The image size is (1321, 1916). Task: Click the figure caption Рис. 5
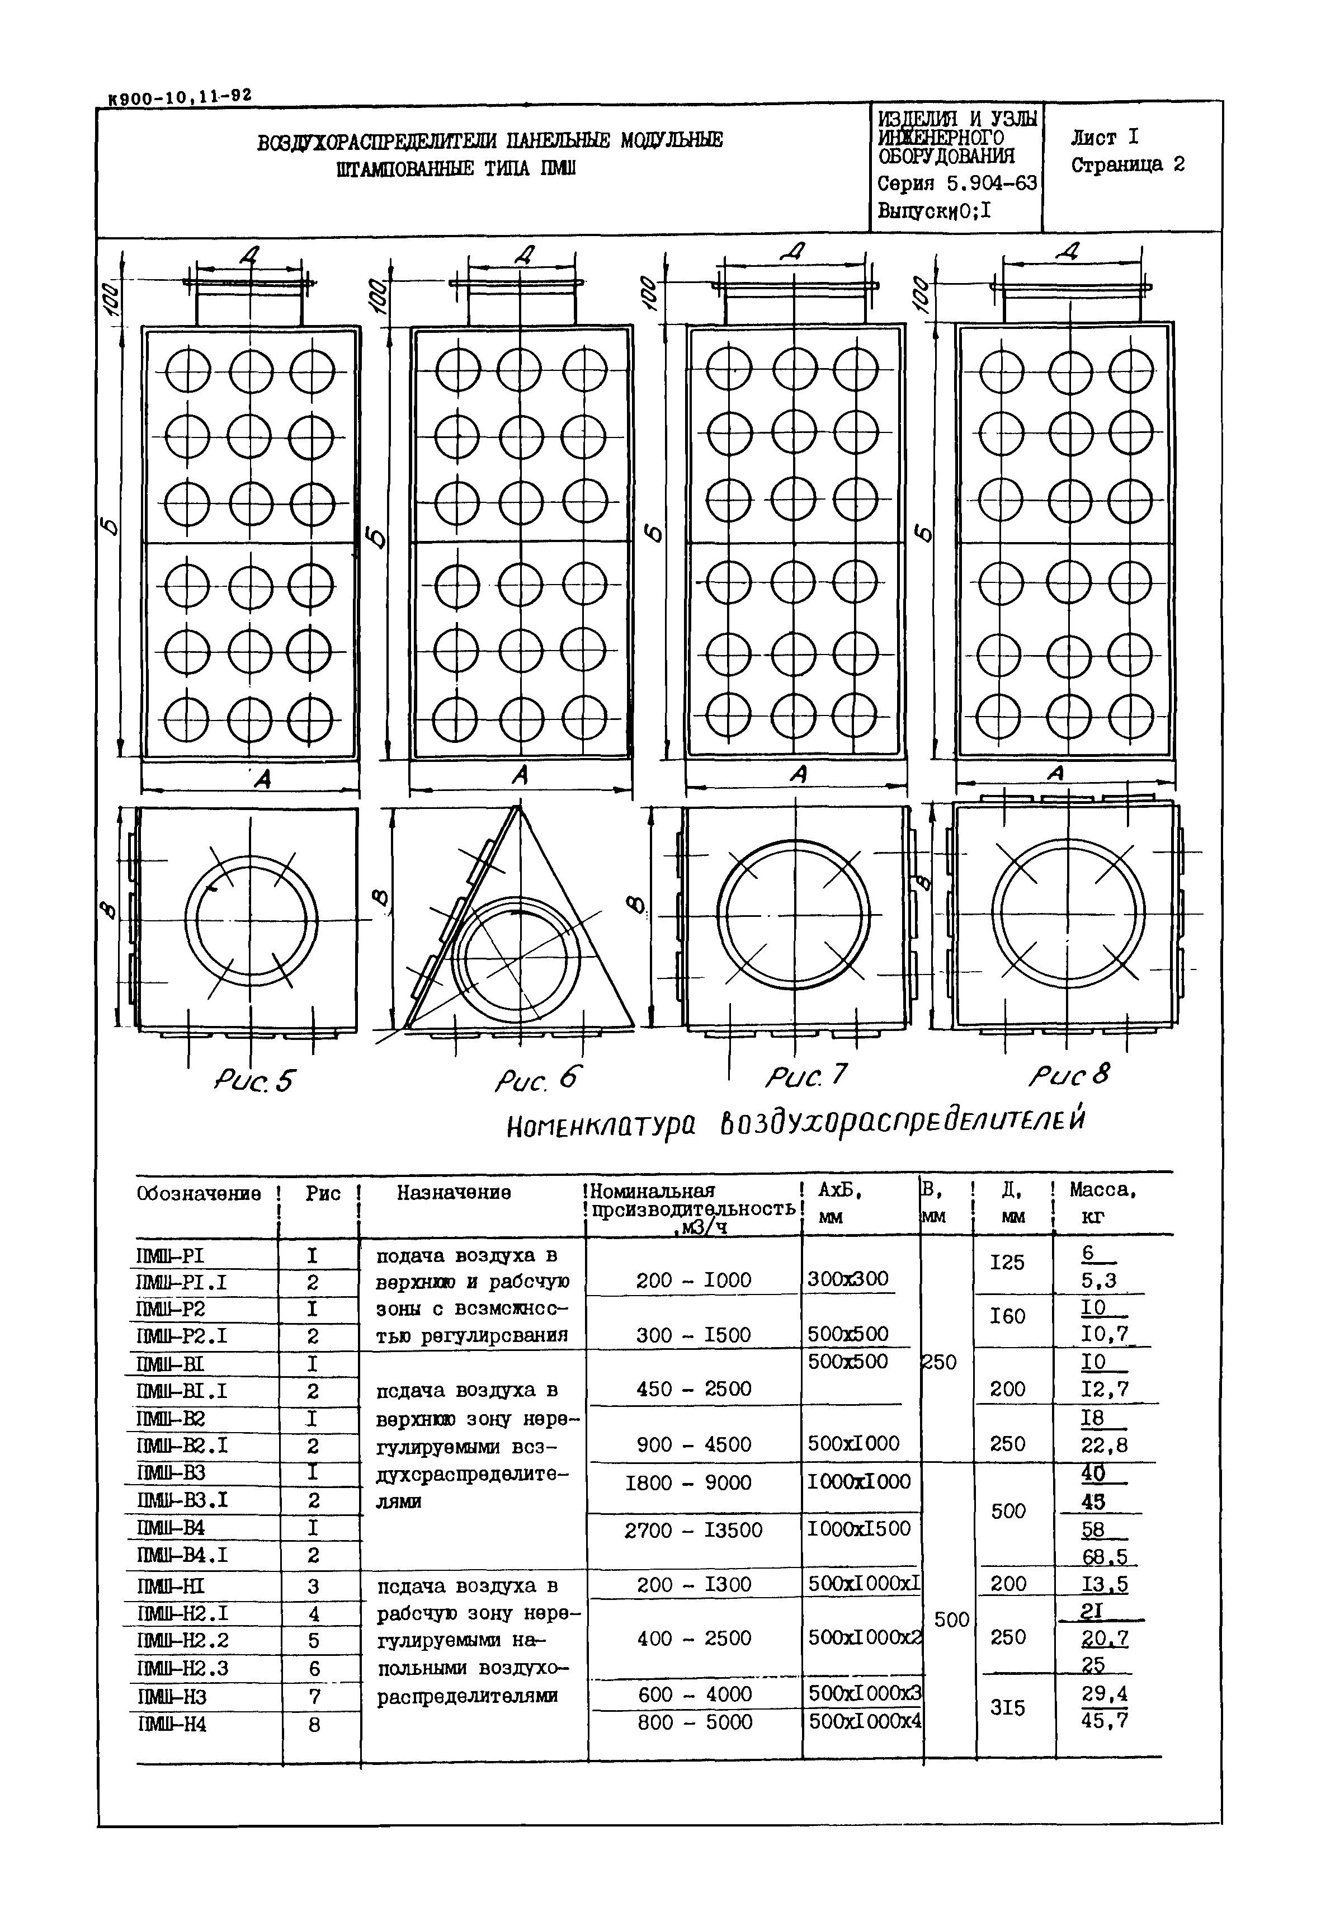(x=254, y=1081)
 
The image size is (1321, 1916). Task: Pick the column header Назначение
(x=454, y=1192)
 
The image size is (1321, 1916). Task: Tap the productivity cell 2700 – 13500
(x=693, y=1529)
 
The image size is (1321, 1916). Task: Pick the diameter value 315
(x=1007, y=1707)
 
